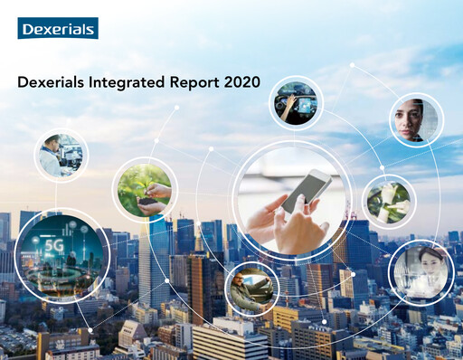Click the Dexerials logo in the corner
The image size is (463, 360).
coord(58,28)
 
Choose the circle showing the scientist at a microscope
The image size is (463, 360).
coord(61,155)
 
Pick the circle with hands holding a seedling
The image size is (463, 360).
coord(145,190)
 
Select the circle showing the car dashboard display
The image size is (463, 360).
coord(296,102)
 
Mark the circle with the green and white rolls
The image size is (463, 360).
coord(389,201)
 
